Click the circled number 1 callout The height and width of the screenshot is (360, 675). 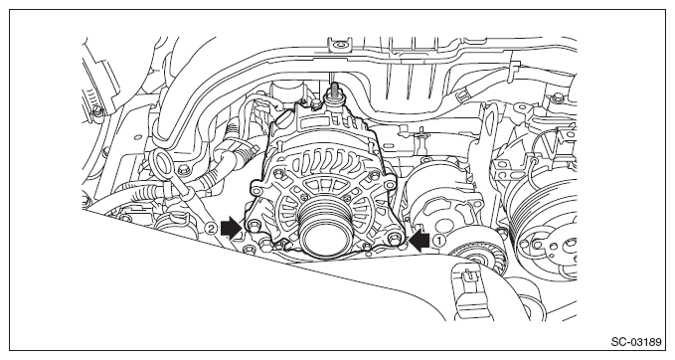click(438, 241)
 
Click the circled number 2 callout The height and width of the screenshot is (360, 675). click(211, 228)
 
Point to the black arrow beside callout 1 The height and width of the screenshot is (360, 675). click(420, 241)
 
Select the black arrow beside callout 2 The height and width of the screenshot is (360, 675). click(231, 228)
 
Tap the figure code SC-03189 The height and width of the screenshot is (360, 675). click(636, 342)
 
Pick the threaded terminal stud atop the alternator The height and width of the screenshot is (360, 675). click(332, 95)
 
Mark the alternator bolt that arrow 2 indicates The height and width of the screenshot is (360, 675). click(253, 226)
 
